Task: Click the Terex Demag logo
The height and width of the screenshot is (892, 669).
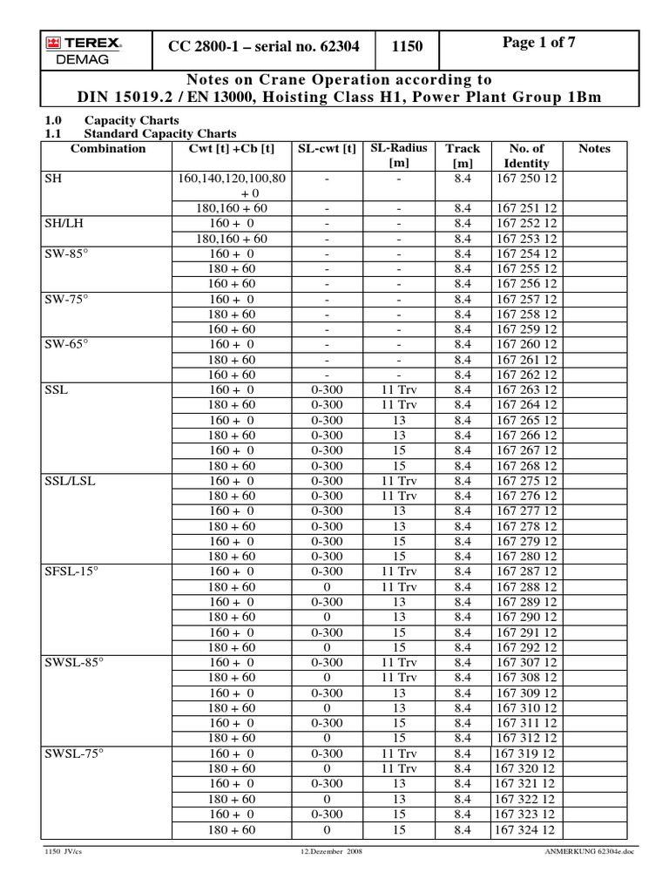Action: tap(84, 49)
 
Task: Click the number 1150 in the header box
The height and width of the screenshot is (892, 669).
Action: tap(408, 49)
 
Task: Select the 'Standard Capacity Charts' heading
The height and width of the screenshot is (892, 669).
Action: tap(160, 134)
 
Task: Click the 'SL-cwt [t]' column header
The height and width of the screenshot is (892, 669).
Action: tap(327, 149)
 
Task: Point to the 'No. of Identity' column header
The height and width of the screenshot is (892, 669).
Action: tap(526, 156)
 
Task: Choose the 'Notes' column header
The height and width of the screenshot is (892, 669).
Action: tap(595, 149)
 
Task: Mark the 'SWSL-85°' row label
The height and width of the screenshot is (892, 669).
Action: tap(74, 662)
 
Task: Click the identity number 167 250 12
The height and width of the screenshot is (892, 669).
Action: tap(526, 178)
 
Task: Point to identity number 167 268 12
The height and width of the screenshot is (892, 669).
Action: tap(526, 465)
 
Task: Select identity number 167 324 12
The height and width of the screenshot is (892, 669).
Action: tap(526, 829)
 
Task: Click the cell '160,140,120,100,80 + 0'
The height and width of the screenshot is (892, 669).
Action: tap(233, 185)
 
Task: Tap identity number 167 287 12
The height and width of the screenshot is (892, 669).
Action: tap(526, 571)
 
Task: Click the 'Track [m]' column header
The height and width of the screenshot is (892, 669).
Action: tap(463, 156)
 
